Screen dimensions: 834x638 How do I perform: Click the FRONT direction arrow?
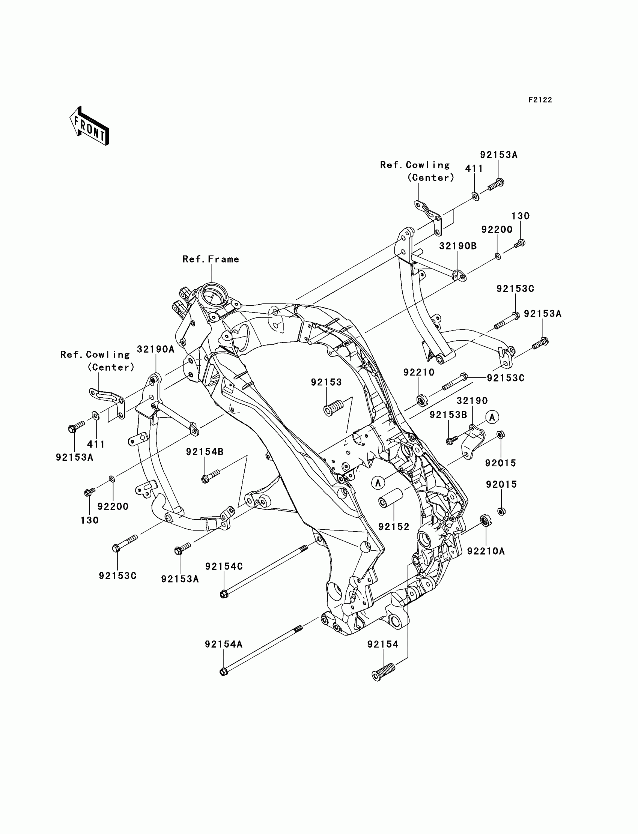(x=90, y=126)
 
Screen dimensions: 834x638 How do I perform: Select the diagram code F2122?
(x=540, y=100)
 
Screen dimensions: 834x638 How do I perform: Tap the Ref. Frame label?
(x=211, y=259)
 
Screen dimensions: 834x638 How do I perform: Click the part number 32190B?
(x=457, y=246)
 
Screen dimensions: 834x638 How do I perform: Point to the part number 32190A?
(x=156, y=349)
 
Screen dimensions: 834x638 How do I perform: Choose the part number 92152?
(x=394, y=527)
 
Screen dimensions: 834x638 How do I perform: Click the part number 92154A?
(x=223, y=644)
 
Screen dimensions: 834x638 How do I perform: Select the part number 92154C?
(x=224, y=567)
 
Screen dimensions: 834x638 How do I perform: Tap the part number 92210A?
(x=486, y=551)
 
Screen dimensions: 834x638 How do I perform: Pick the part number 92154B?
(x=205, y=452)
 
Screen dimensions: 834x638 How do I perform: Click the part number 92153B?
(x=448, y=415)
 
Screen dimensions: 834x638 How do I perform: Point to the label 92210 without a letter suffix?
(x=419, y=373)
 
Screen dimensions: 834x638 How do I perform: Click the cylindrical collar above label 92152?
(x=390, y=498)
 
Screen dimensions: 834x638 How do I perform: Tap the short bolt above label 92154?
(x=383, y=672)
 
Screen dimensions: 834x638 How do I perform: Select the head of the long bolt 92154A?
(x=223, y=672)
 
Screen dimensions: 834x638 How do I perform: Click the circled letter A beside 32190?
(x=492, y=417)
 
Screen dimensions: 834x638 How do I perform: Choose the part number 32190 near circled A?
(x=472, y=400)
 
